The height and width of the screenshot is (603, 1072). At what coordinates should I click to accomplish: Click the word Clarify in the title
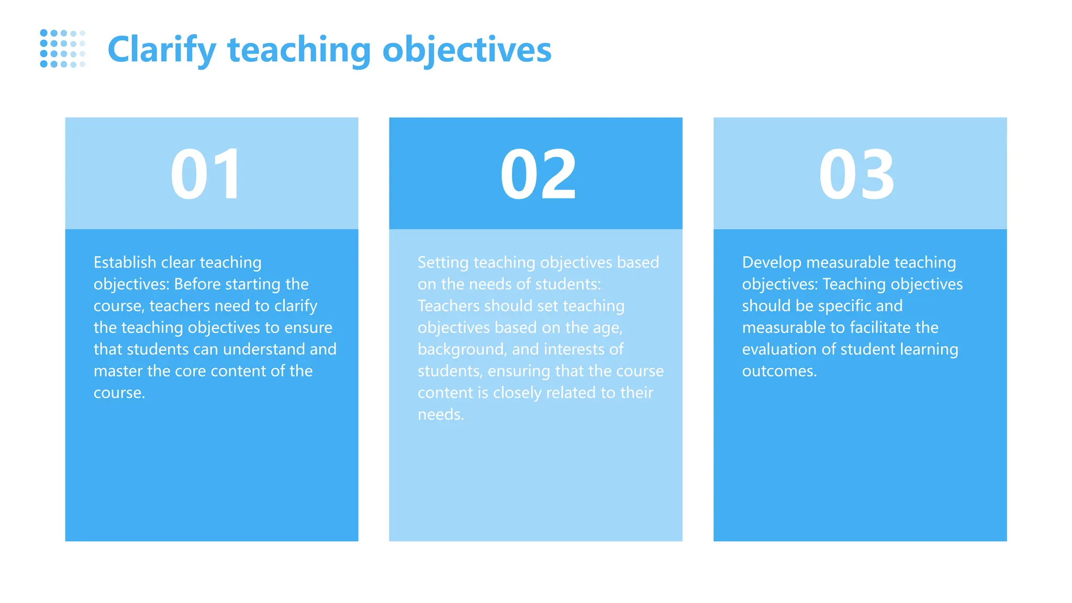click(161, 50)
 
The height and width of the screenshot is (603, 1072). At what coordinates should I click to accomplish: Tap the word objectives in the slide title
click(467, 50)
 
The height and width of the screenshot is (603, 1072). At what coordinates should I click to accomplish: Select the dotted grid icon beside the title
click(62, 49)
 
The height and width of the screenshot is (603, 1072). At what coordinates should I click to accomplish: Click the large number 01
click(206, 174)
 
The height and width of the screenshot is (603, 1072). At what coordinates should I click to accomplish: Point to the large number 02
click(538, 174)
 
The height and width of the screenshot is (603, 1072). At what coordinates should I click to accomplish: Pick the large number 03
click(857, 174)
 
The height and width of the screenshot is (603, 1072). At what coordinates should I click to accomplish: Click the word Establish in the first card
click(125, 262)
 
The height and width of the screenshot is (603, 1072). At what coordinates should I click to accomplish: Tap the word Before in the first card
click(198, 284)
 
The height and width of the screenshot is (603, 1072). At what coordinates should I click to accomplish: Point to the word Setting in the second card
click(443, 262)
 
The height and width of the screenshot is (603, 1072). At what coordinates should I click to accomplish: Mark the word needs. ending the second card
click(441, 415)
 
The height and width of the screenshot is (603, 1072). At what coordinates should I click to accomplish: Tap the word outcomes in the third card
click(778, 371)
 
